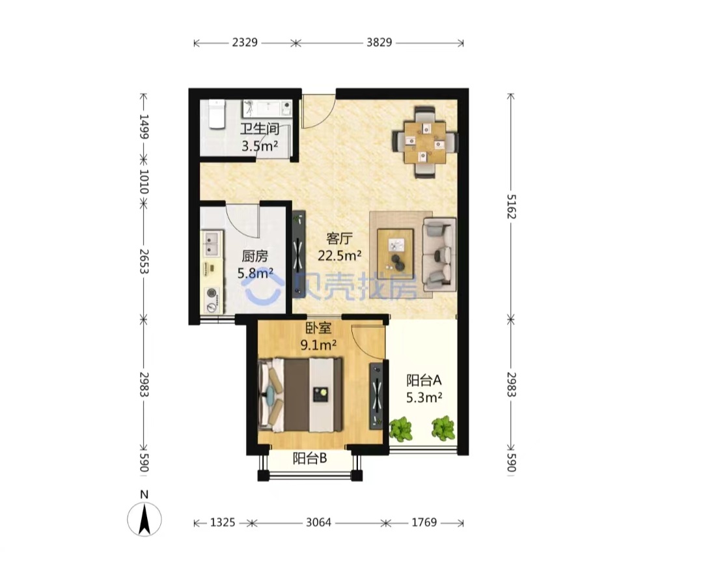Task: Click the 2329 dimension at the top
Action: click(x=245, y=42)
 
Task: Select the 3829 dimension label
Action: click(x=379, y=42)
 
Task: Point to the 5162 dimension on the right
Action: click(x=511, y=206)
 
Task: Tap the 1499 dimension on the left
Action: click(x=143, y=126)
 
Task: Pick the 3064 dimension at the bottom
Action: click(x=319, y=522)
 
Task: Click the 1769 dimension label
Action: click(x=424, y=522)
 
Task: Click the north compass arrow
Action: click(x=145, y=519)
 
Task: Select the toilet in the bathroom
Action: click(x=216, y=115)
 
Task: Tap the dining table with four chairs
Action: click(x=425, y=142)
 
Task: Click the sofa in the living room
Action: click(x=439, y=254)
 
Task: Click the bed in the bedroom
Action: click(x=300, y=395)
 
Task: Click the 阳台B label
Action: click(x=310, y=459)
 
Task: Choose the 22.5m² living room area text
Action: click(x=340, y=256)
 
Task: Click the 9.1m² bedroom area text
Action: click(x=319, y=345)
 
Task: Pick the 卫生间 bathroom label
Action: click(x=260, y=129)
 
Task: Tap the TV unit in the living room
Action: click(x=299, y=255)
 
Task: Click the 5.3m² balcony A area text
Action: click(x=424, y=397)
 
